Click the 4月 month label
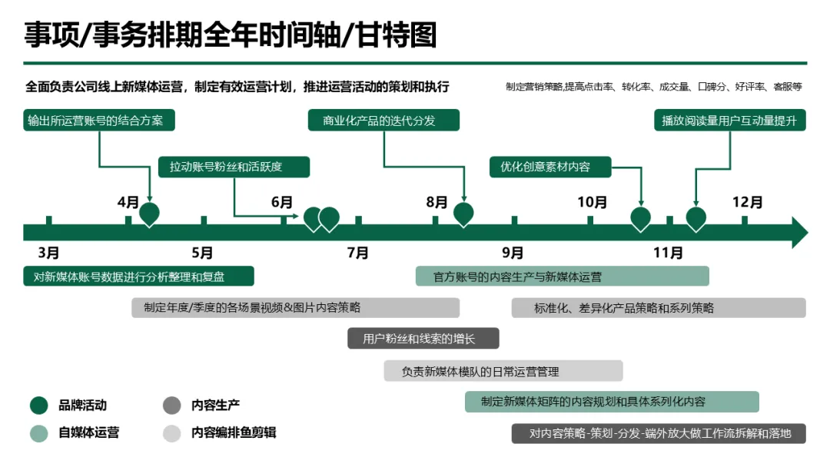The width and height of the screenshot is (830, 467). pos(128,203)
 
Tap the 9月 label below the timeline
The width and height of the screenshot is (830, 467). pos(513,253)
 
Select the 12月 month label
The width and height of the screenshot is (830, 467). pos(747,203)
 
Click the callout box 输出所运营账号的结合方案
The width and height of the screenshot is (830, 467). pos(99,121)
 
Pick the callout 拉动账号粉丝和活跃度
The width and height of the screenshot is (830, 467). pos(234,167)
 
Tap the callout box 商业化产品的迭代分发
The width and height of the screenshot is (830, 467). pos(383,121)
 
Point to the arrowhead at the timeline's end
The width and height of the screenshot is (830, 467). pos(799,232)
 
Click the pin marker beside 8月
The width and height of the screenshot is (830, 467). pos(463,214)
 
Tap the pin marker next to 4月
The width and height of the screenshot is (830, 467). pos(149,214)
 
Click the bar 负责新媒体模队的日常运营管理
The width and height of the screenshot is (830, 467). pos(503,371)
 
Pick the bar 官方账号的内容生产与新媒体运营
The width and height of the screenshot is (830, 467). pos(562,277)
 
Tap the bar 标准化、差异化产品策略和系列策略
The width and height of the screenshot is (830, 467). pos(659,308)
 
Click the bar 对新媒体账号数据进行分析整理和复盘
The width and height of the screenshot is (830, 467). pos(138,277)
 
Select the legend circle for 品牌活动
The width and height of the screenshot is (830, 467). pos(39,405)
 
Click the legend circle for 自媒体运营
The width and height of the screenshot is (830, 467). pos(39,433)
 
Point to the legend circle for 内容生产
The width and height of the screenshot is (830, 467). pos(171,405)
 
